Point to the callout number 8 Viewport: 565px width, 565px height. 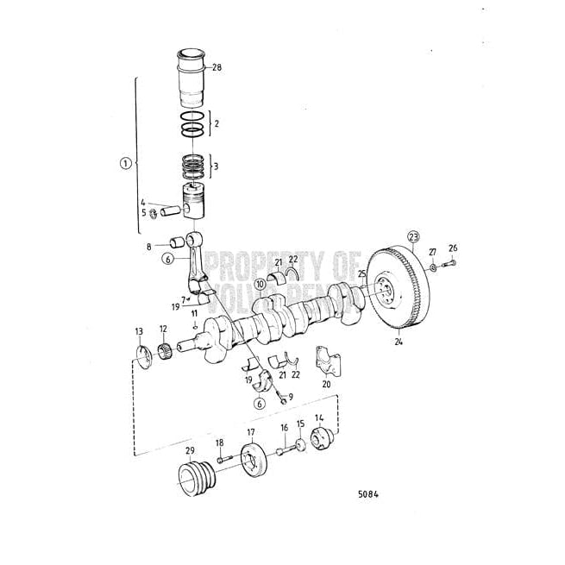148,246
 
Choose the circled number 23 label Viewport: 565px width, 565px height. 414,236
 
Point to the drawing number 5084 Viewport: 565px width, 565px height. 368,496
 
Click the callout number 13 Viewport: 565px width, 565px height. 139,331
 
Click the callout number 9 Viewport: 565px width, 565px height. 291,397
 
